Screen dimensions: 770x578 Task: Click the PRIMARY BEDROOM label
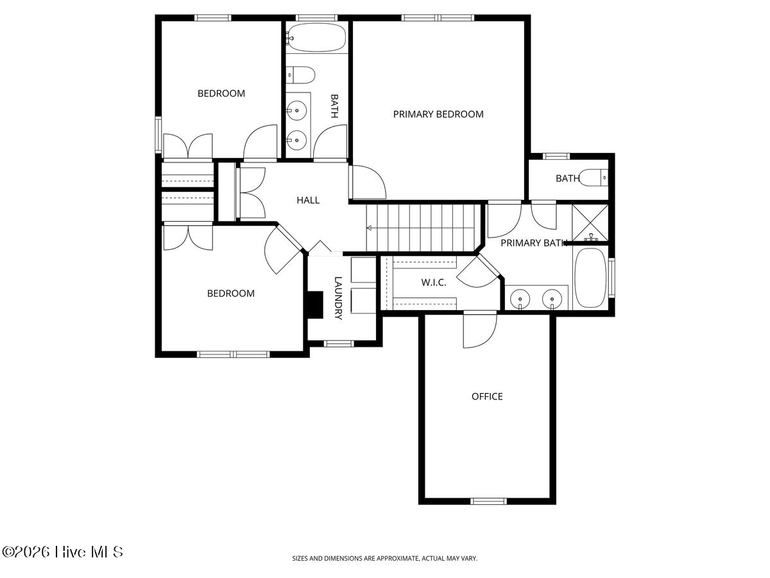[x=438, y=114]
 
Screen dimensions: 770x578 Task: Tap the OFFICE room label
[x=487, y=396]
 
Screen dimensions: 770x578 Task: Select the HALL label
[x=308, y=200]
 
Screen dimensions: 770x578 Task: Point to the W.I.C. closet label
[x=434, y=283]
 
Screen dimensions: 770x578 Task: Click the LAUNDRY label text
[x=338, y=298]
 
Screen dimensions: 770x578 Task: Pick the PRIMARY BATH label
[x=534, y=243]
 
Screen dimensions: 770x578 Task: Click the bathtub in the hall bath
[x=316, y=37]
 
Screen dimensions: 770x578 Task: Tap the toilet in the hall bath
[x=300, y=74]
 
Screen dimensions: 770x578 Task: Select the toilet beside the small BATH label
[x=594, y=178]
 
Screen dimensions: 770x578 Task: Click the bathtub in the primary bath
[x=590, y=277]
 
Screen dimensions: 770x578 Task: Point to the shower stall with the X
[x=590, y=223]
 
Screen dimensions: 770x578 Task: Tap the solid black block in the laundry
[x=315, y=305]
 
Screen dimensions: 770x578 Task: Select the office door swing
[x=480, y=331]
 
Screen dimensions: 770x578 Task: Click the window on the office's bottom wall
[x=488, y=501]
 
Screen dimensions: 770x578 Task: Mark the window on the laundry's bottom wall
[x=339, y=344]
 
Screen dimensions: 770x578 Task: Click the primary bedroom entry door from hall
[x=368, y=182]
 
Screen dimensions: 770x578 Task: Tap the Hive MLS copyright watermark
[x=62, y=552]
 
